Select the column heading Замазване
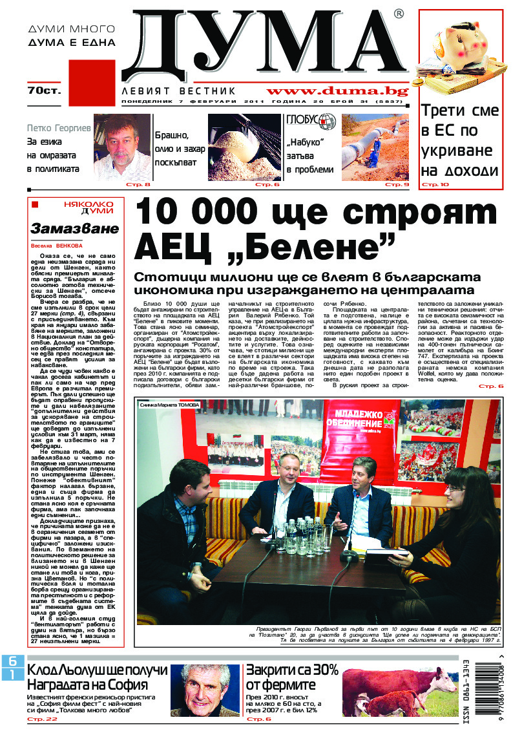coord(75,228)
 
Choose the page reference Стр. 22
coord(43,719)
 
